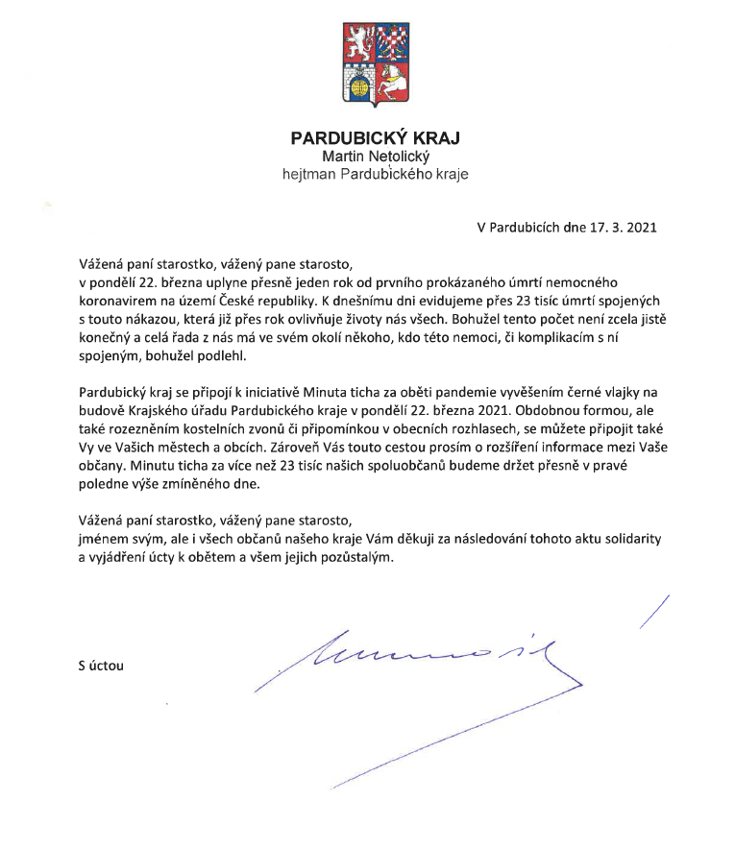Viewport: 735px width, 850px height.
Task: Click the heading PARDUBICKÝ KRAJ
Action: click(x=375, y=138)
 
